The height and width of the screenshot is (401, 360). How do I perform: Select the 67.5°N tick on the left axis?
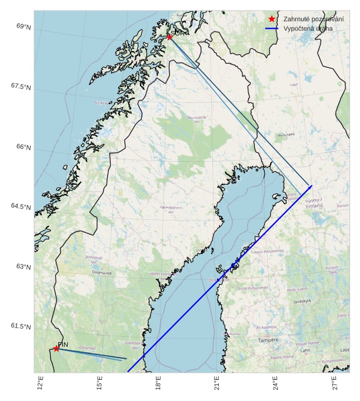point(21,86)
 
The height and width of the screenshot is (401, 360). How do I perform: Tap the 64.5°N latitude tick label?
point(21,206)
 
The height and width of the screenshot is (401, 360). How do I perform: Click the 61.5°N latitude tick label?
point(21,326)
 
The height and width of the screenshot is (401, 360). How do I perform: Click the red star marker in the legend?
point(272,19)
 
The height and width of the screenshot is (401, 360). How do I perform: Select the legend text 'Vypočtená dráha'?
point(307,28)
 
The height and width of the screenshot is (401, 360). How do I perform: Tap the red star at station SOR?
point(169,37)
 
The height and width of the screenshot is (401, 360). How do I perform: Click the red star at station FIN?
point(56,349)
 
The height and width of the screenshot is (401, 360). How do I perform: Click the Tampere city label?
point(268,340)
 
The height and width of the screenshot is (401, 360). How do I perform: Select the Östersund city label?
point(101,272)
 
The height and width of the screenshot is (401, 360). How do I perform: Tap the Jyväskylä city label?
point(302,301)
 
